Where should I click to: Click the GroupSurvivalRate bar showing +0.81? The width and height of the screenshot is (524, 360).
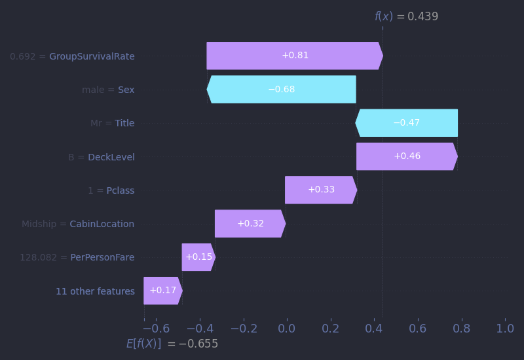point(295,56)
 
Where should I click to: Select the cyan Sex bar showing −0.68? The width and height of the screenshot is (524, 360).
point(282,89)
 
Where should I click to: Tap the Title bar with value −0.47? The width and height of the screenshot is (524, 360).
point(406,123)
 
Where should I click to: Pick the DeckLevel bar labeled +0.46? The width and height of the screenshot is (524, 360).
point(407,156)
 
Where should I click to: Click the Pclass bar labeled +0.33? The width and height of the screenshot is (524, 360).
point(321,190)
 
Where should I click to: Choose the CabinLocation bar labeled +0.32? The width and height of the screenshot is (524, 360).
point(250,223)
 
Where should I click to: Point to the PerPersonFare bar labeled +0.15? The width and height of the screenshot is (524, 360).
point(198,257)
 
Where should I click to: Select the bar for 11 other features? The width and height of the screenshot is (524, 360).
point(162,291)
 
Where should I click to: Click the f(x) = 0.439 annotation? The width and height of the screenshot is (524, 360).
point(406,17)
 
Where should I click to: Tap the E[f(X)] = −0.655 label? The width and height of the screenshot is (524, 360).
point(172,344)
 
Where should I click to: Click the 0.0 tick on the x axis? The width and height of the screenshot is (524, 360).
point(286,329)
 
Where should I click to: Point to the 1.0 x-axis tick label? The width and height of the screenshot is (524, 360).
point(504,329)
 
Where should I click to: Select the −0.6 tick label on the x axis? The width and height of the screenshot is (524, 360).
point(151,329)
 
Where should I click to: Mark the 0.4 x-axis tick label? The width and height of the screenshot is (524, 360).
point(374,329)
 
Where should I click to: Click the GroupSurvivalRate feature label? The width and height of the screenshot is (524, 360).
point(92,56)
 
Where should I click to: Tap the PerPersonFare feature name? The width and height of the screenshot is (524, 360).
point(102,257)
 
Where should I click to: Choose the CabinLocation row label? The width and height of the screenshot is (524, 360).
point(102,224)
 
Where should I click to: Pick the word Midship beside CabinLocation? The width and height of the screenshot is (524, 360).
point(40,224)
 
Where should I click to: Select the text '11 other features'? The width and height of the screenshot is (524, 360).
point(95,291)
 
